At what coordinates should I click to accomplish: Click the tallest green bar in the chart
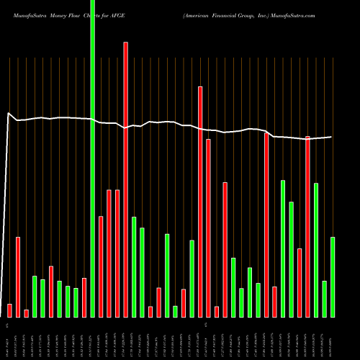point(92,158)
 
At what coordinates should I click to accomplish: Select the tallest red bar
point(125,180)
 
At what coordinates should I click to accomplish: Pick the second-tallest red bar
point(200,202)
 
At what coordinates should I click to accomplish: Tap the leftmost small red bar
point(9,310)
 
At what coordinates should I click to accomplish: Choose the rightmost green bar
point(333,276)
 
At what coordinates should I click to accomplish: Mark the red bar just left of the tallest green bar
point(84,297)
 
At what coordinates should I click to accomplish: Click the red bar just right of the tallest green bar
point(101,266)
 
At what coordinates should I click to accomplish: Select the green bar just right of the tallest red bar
point(134,266)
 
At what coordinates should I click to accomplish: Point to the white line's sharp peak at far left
point(9,113)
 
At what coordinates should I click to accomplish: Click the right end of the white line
point(331,137)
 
